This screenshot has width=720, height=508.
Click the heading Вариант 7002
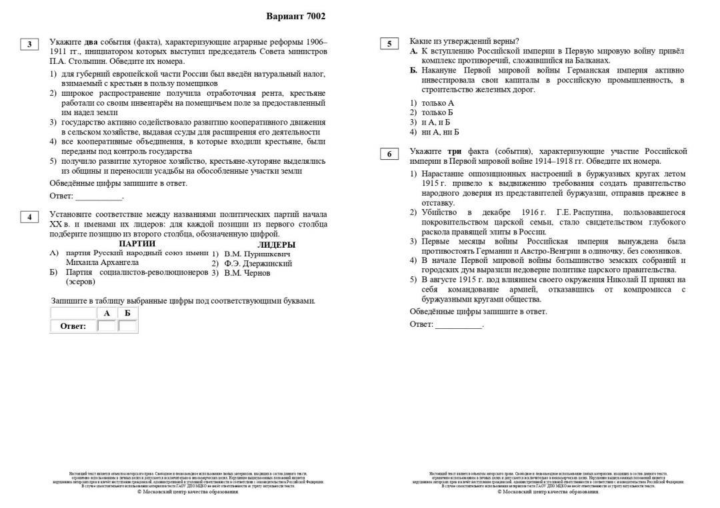pyautogui.click(x=296, y=17)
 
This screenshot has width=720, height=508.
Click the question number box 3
pyautogui.click(x=29, y=45)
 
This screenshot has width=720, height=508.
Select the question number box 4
pyautogui.click(x=29, y=217)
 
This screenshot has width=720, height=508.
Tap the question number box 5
pyautogui.click(x=389, y=45)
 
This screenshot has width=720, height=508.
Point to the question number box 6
pyautogui.click(x=389, y=154)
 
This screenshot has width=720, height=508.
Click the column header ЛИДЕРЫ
pyautogui.click(x=276, y=244)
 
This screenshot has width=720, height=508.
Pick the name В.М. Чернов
pyautogui.click(x=247, y=273)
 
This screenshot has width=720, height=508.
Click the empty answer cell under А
pyautogui.click(x=107, y=326)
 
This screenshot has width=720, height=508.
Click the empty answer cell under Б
pyautogui.click(x=127, y=326)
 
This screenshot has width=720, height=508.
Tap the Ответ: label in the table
pyautogui.click(x=73, y=326)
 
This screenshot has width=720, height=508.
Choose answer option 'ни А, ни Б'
pyautogui.click(x=440, y=132)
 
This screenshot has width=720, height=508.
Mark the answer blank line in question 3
pyautogui.click(x=99, y=197)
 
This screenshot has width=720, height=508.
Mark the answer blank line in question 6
pyautogui.click(x=459, y=325)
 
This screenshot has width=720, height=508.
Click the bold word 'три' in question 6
pyautogui.click(x=455, y=152)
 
